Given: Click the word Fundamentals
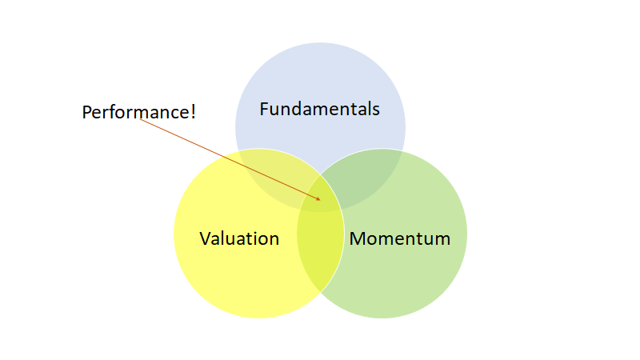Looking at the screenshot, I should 319,109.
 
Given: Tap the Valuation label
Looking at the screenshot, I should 239,238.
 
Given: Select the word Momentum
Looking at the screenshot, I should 399,238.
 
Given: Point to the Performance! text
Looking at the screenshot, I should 138,112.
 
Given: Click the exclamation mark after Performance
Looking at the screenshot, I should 192,112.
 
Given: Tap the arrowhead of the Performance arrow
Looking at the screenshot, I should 318,198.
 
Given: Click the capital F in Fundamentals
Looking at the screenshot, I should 265,109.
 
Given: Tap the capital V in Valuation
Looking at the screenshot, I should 205,238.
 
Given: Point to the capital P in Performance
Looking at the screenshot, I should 87,112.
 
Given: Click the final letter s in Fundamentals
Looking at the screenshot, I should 375,110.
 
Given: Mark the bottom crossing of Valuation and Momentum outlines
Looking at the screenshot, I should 321,292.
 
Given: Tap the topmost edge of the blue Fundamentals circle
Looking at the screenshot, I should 320,42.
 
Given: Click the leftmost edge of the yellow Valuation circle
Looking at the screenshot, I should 174,234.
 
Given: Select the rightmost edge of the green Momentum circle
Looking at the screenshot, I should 466,234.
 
